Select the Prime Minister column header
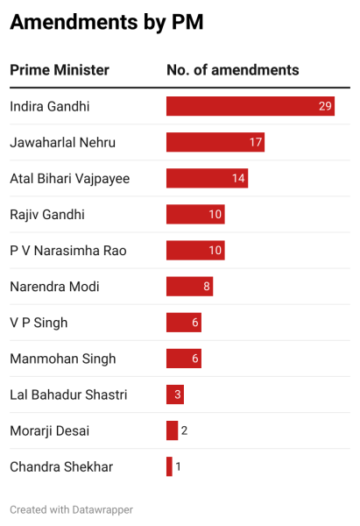coord(59,70)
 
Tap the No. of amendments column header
coord(232,70)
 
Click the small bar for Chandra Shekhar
coord(169,466)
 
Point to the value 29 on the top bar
coord(326,107)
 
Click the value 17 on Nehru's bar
coord(256,143)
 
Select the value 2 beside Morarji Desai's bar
coord(184,430)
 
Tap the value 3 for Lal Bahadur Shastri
coord(178,394)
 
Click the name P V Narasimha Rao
coord(67,251)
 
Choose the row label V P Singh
coord(39,323)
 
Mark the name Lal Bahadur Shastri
coord(67,394)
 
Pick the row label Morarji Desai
coord(49,430)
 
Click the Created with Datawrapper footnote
coord(71,508)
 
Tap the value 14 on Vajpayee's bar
coord(238,179)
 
